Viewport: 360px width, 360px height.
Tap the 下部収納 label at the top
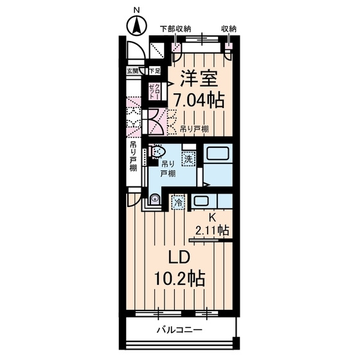[176, 29]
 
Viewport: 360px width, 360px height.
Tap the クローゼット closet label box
[155, 91]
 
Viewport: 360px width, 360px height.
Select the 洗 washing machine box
[188, 157]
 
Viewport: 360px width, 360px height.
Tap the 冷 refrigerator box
[177, 202]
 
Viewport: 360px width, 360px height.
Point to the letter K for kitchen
[212, 218]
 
